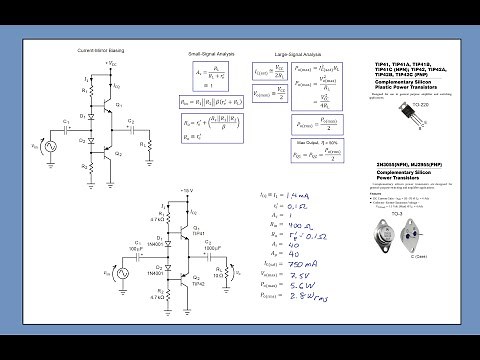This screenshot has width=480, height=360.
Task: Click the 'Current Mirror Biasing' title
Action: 103,50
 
